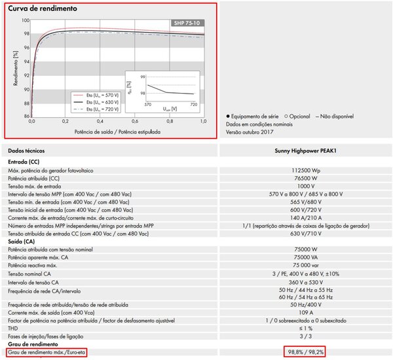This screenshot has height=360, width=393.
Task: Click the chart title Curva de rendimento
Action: coord(43,9)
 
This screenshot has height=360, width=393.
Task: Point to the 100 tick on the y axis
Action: coord(26,20)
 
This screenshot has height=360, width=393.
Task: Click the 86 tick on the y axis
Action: coord(26,116)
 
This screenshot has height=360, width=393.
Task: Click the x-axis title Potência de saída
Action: coord(117,132)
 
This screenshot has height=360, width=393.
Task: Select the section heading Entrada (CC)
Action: coord(23,160)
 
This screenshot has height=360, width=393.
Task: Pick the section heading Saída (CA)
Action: coord(22,242)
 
